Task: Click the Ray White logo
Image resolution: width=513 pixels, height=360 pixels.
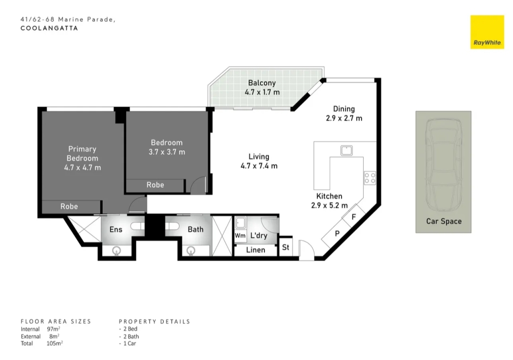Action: click(487, 32)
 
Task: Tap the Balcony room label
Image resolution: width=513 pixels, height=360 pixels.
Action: click(262, 83)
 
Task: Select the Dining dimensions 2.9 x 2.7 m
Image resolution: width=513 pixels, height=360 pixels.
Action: click(344, 119)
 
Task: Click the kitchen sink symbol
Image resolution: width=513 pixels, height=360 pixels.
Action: click(346, 150)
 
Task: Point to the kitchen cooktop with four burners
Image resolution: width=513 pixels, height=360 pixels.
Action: click(370, 178)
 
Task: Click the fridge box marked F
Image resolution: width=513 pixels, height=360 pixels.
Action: click(353, 217)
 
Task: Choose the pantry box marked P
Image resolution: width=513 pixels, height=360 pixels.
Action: click(337, 234)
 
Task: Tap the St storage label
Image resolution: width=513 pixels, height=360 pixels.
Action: click(285, 247)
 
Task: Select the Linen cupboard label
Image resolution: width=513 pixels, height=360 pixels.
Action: click(256, 250)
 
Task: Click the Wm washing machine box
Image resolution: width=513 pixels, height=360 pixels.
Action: click(240, 236)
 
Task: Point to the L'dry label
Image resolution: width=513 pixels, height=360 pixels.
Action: click(259, 236)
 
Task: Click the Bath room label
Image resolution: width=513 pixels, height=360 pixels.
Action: click(196, 230)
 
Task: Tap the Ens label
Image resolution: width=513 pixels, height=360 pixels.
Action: click(116, 230)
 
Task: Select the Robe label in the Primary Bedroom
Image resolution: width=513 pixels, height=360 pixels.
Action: click(69, 206)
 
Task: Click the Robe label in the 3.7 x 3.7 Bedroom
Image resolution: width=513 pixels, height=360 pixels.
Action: click(155, 185)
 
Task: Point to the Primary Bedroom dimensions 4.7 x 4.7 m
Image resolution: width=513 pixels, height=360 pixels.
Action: click(83, 168)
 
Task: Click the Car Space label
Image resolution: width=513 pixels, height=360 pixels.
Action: click(444, 222)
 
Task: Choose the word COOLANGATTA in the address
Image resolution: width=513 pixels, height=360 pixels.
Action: click(49, 28)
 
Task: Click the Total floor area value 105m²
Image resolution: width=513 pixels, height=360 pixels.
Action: click(55, 344)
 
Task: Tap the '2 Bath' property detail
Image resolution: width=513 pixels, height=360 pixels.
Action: click(129, 336)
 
